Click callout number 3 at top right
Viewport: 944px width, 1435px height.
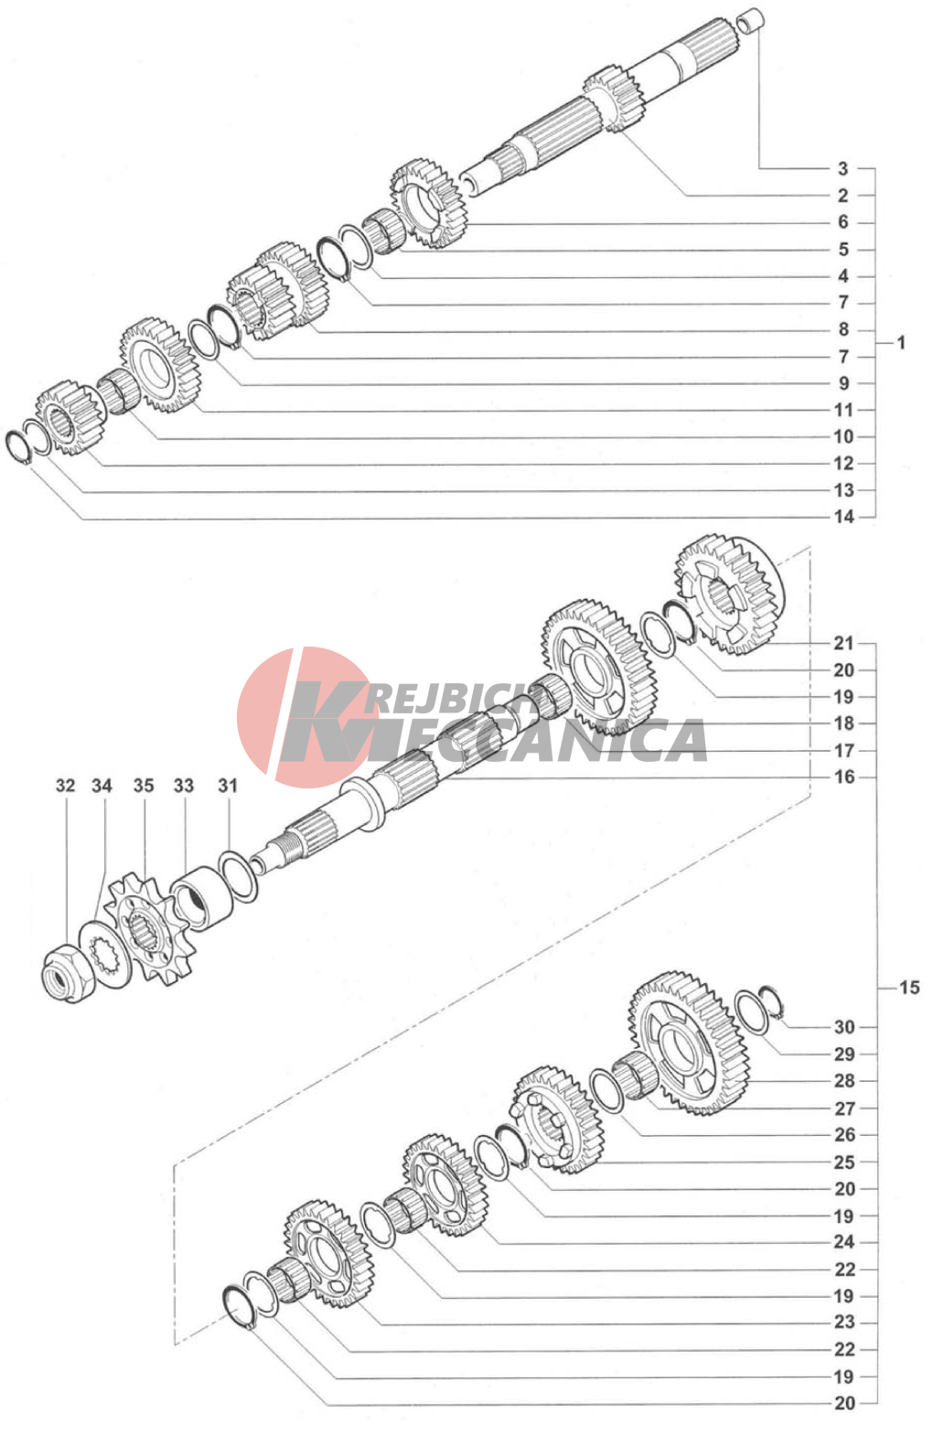click(842, 168)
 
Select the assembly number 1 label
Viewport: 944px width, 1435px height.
click(901, 343)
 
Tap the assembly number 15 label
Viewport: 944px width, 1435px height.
click(908, 987)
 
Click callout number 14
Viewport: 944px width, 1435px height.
click(844, 517)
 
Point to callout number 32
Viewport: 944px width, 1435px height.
click(65, 786)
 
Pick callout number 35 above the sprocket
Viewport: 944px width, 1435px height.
click(144, 786)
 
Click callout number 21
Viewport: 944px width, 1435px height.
click(844, 643)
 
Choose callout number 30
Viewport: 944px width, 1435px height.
click(844, 1027)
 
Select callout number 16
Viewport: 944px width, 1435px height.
click(844, 777)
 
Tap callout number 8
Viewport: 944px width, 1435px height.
click(843, 329)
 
